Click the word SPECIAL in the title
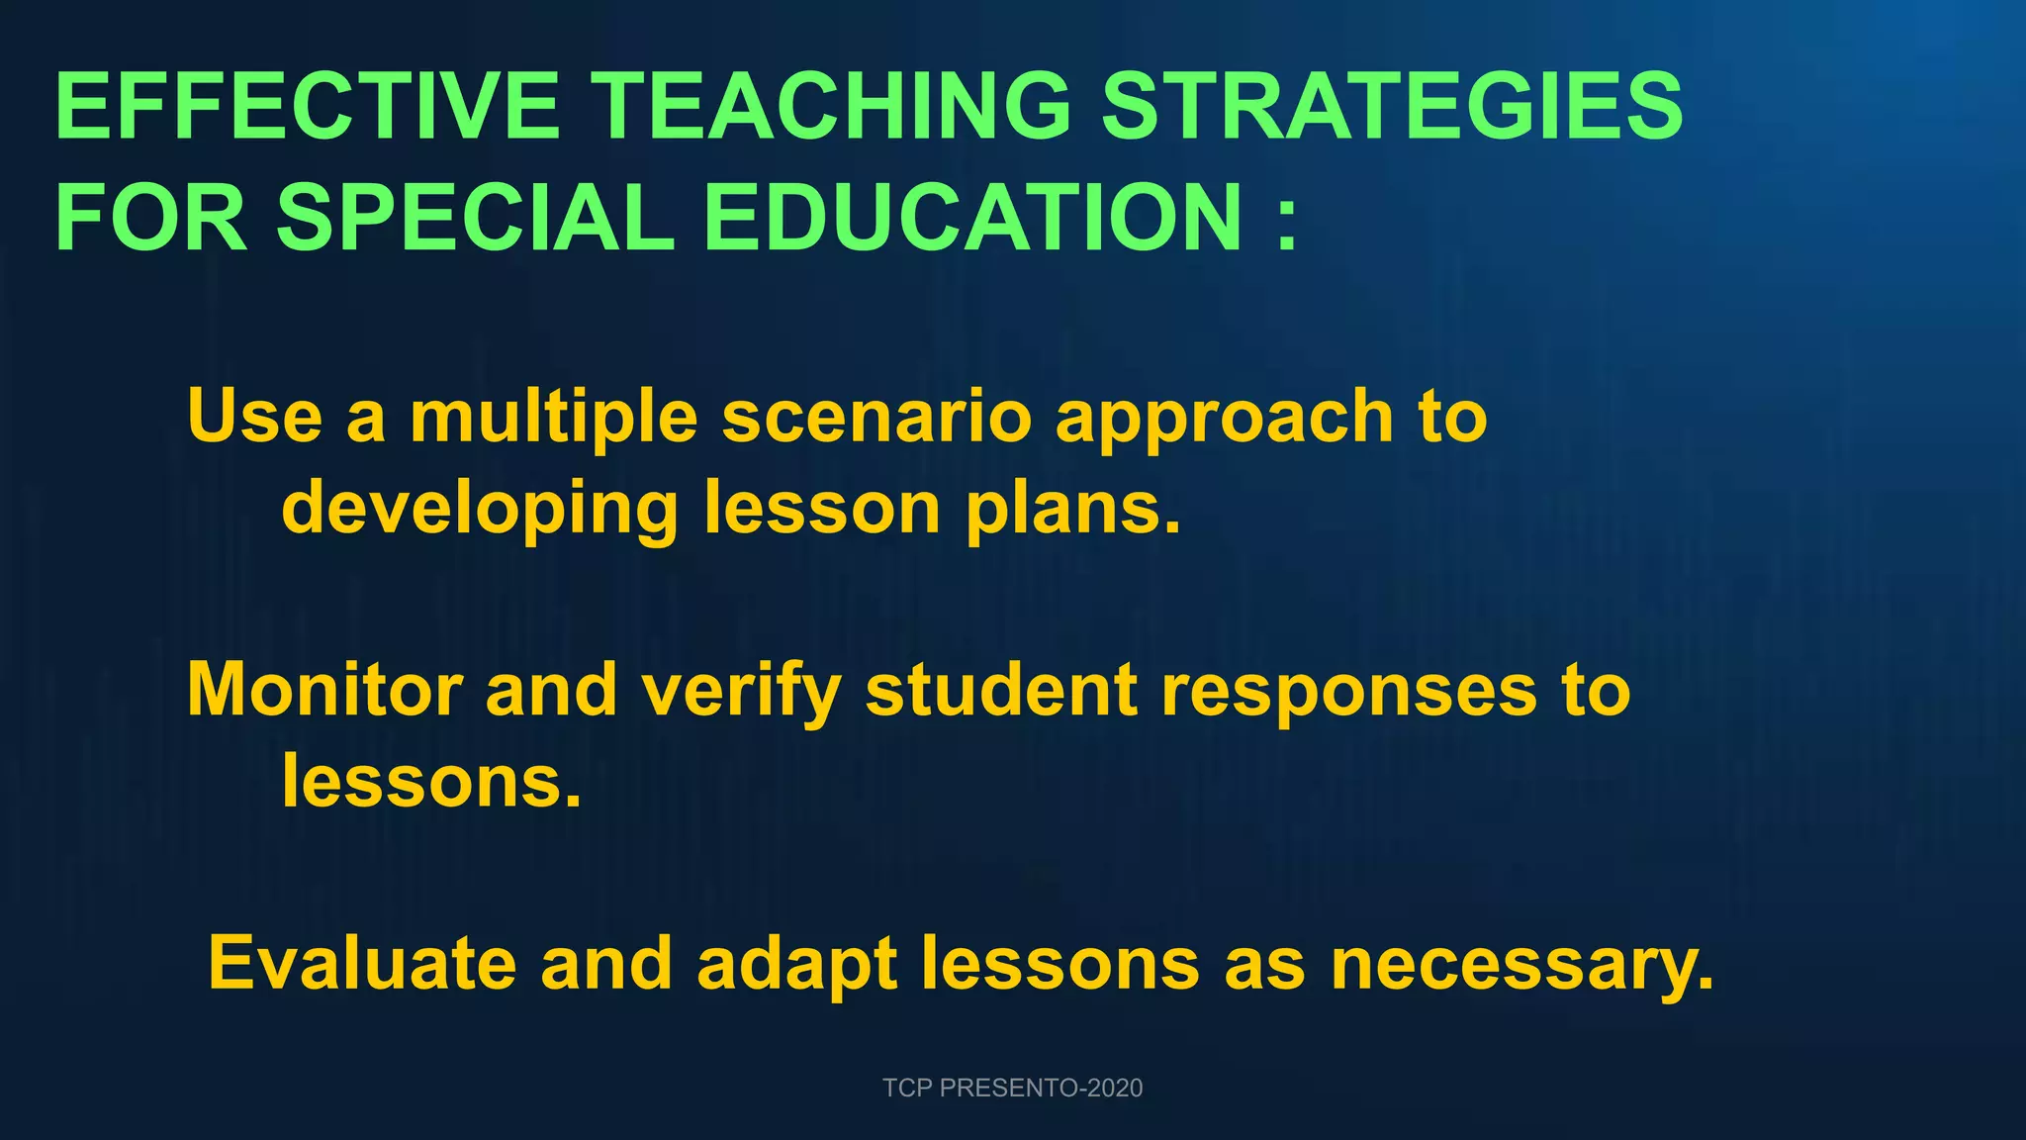click(475, 217)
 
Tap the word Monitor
click(324, 690)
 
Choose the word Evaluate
click(362, 963)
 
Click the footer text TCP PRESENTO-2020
click(1012, 1088)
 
